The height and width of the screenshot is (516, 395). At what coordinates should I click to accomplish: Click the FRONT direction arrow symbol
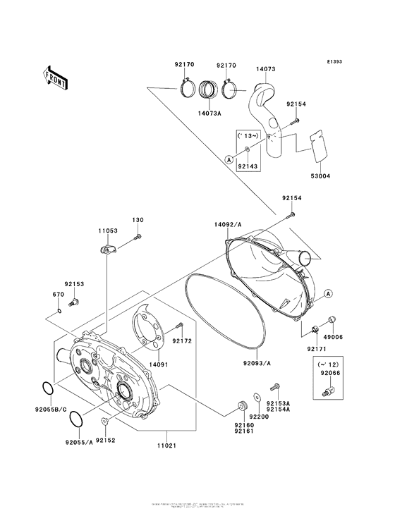tap(56, 75)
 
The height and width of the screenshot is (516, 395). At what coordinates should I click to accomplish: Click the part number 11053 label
tap(107, 230)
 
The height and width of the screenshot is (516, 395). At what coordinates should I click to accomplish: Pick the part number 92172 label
tap(182, 340)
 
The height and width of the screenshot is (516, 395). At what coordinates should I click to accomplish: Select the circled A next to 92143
tap(229, 160)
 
